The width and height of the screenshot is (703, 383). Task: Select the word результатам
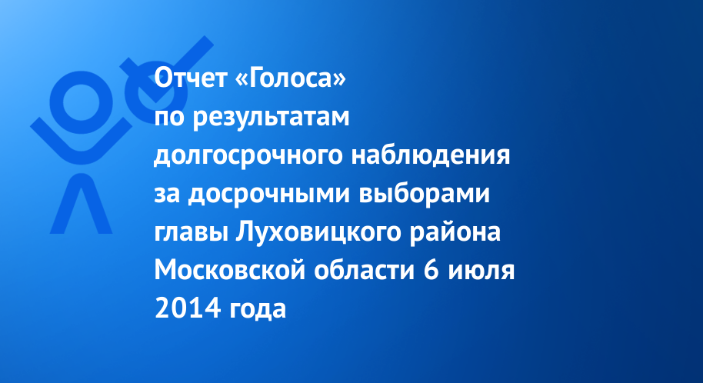pos(271,118)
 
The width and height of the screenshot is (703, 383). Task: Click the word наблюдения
pos(431,155)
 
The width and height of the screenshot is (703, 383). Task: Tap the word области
pos(364,271)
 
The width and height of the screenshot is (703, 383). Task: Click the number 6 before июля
pos(431,271)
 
